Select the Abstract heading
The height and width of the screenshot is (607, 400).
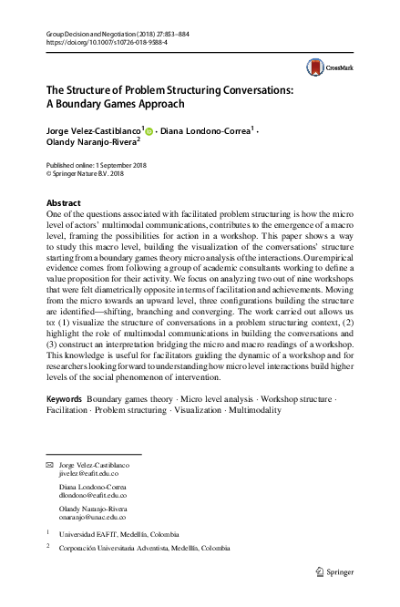click(64, 202)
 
